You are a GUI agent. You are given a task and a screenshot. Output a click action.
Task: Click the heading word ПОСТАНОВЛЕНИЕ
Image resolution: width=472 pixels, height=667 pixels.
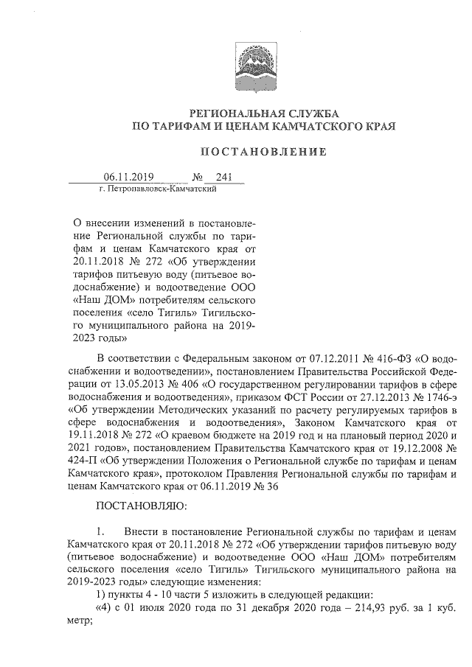(x=264, y=152)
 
